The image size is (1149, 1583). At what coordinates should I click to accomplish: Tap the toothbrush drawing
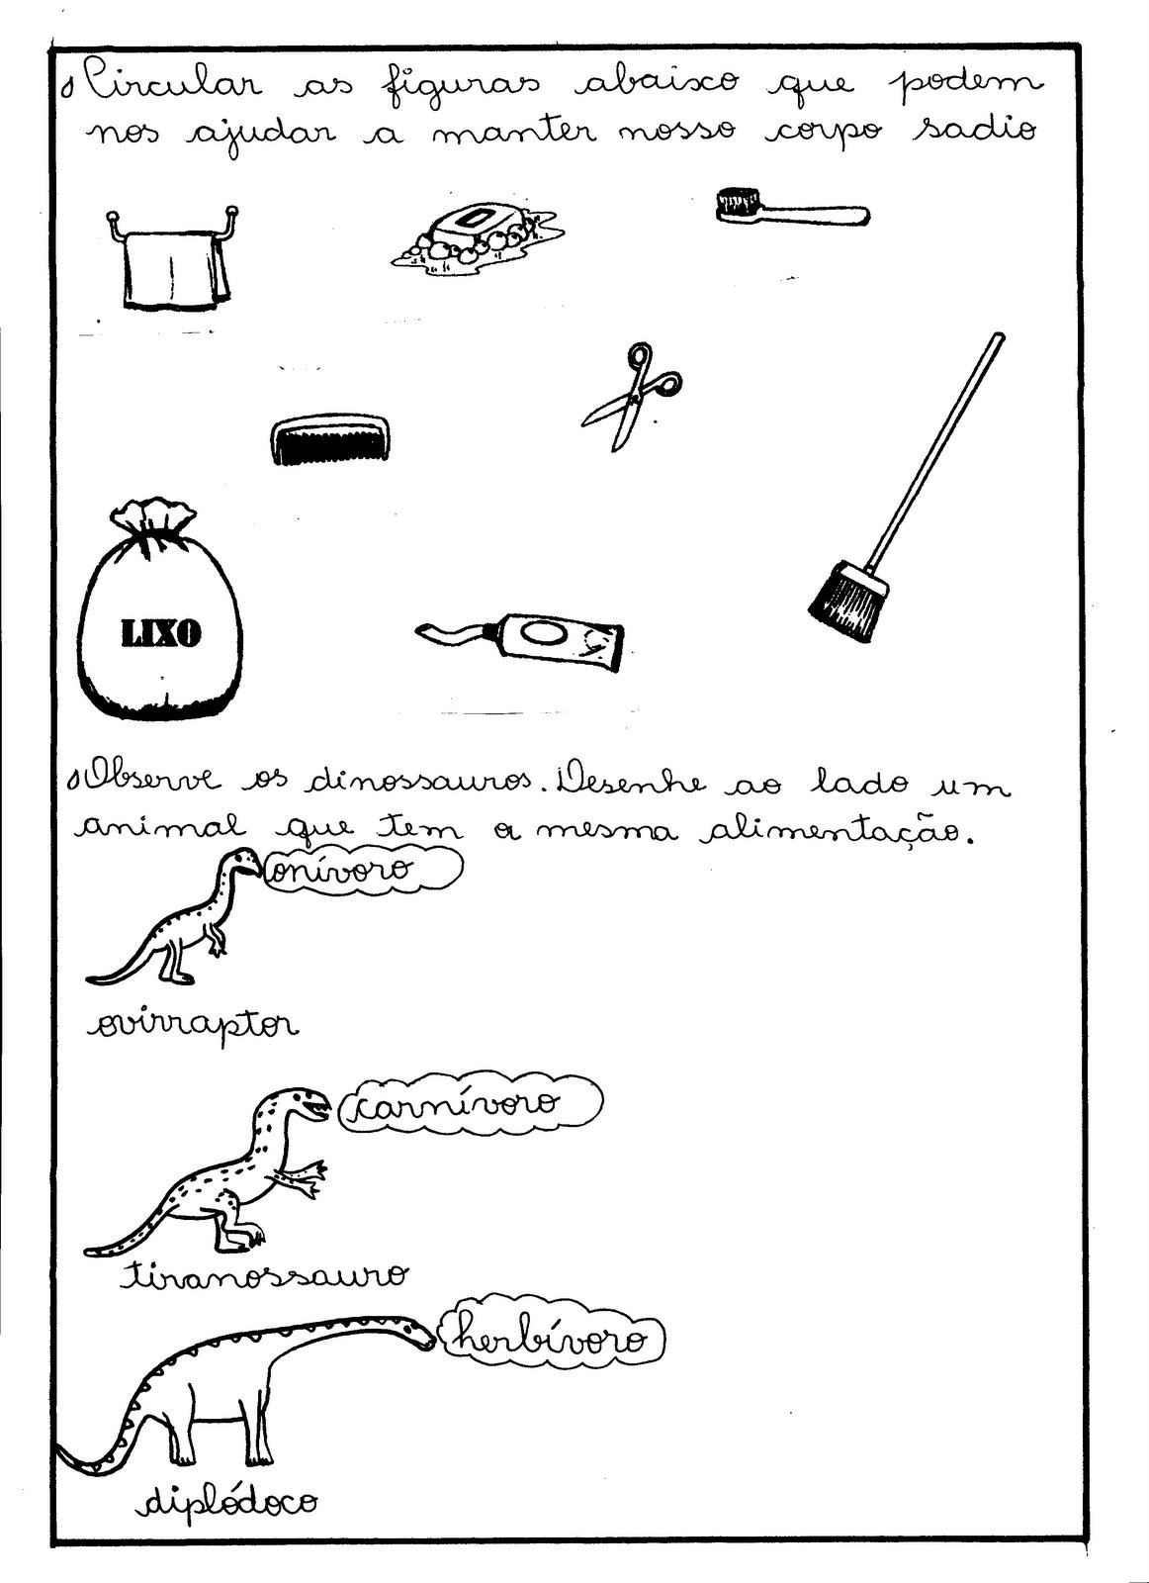(791, 208)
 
